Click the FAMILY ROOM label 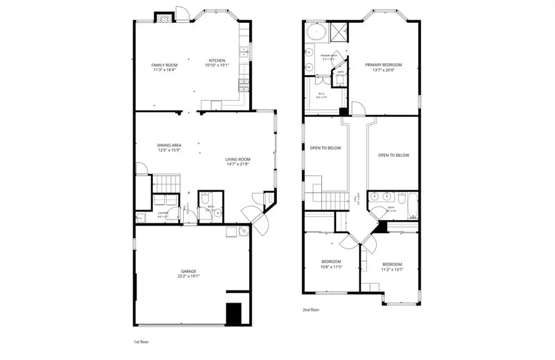tap(164, 65)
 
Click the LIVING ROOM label tap(237, 159)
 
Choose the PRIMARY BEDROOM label tap(383, 65)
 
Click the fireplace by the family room tap(164, 18)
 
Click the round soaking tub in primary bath tap(316, 31)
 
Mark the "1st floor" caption tap(141, 342)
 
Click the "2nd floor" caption tap(310, 309)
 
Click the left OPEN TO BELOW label tap(325, 148)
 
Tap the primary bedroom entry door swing tap(358, 109)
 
